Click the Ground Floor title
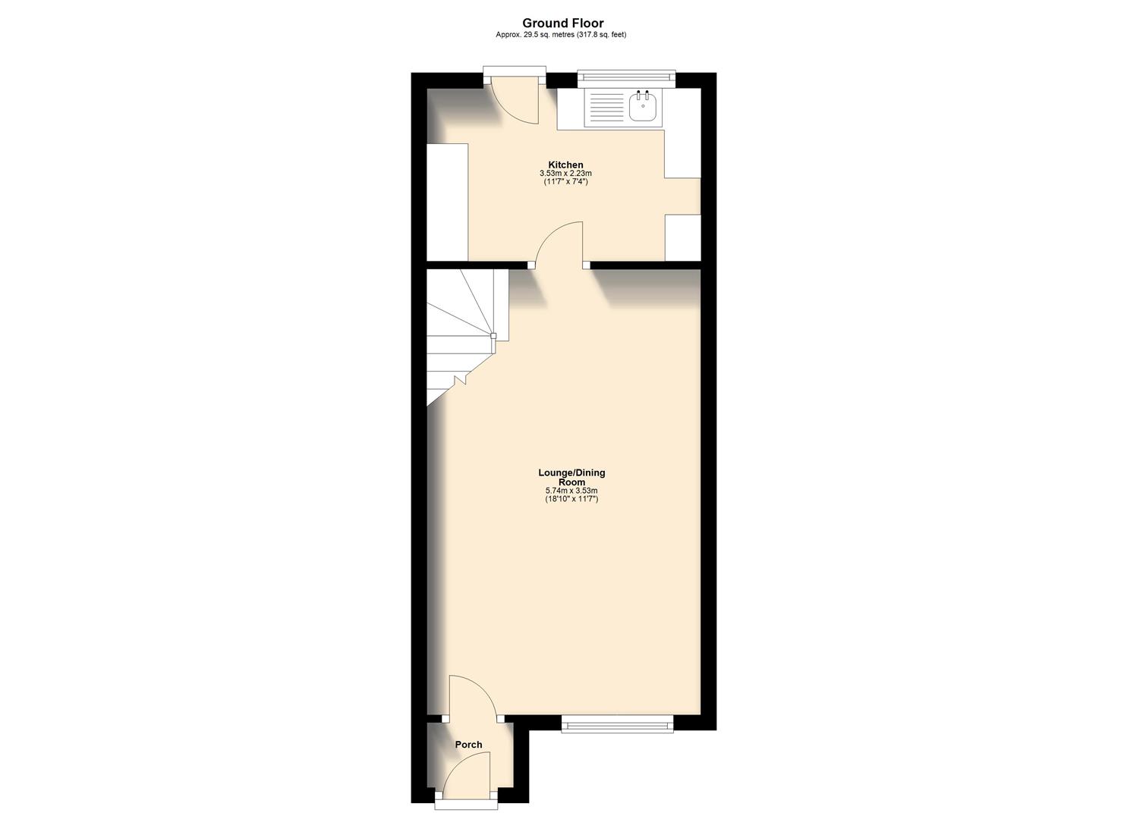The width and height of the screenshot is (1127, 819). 562,24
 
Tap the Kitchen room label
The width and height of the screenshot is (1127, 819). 566,165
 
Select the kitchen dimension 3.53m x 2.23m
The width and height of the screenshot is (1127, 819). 566,174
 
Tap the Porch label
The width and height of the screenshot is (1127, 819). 468,745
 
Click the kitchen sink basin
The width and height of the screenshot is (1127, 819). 643,108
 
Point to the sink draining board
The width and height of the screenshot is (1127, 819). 606,108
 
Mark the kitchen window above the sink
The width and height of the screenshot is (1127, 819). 626,75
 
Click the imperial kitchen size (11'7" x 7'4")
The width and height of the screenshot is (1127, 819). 566,182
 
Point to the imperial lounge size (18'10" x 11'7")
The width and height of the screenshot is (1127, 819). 571,499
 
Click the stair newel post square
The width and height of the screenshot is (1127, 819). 493,335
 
